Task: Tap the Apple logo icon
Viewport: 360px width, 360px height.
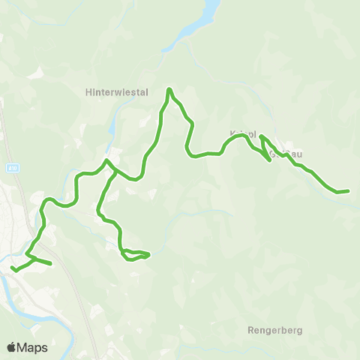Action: (x=11, y=347)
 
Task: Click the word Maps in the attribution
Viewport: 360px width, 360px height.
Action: (x=33, y=347)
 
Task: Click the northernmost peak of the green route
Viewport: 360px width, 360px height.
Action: (x=170, y=90)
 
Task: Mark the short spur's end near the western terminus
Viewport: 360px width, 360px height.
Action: (x=50, y=263)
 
